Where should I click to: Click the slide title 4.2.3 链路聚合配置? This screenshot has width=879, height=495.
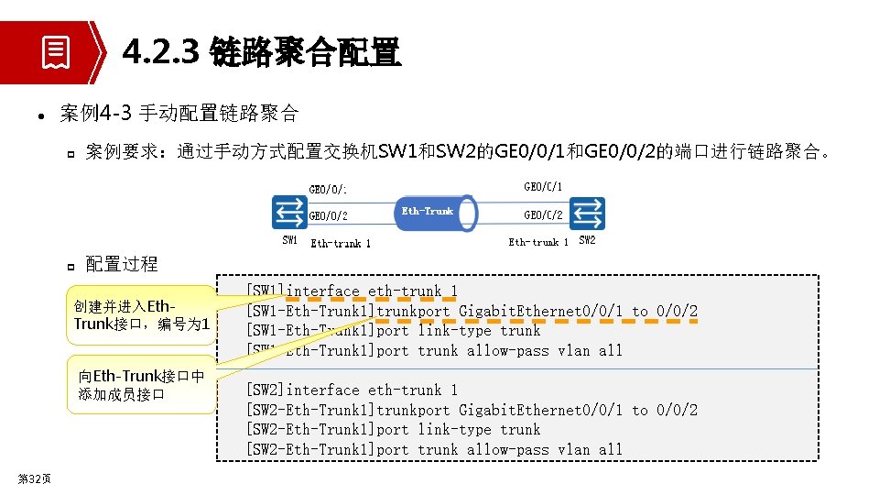pyautogui.click(x=261, y=53)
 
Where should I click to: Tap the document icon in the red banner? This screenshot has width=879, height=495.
pyautogui.click(x=55, y=52)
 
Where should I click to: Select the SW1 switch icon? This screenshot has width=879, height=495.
pyautogui.click(x=289, y=213)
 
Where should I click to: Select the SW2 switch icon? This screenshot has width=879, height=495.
pyautogui.click(x=587, y=213)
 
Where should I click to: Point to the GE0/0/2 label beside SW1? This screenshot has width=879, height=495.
pyautogui.click(x=328, y=216)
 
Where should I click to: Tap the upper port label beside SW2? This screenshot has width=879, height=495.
pyautogui.click(x=543, y=187)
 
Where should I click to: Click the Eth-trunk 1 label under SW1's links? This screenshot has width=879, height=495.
pyautogui.click(x=341, y=244)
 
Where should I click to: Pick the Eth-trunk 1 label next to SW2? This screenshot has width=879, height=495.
pyautogui.click(x=538, y=242)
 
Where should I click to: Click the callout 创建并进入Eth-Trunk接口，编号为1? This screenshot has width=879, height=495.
pyautogui.click(x=142, y=314)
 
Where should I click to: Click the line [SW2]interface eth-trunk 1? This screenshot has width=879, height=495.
pyautogui.click(x=352, y=390)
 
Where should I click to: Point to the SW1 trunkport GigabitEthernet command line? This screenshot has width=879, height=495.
pyautogui.click(x=472, y=312)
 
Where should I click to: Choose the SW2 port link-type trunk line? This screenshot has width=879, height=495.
pyautogui.click(x=393, y=430)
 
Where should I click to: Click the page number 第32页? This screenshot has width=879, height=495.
pyautogui.click(x=34, y=479)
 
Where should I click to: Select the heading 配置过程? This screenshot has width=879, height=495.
pyautogui.click(x=122, y=265)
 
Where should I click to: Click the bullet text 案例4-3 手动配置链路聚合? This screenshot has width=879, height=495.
pyautogui.click(x=179, y=114)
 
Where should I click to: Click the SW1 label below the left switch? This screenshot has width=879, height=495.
pyautogui.click(x=289, y=240)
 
